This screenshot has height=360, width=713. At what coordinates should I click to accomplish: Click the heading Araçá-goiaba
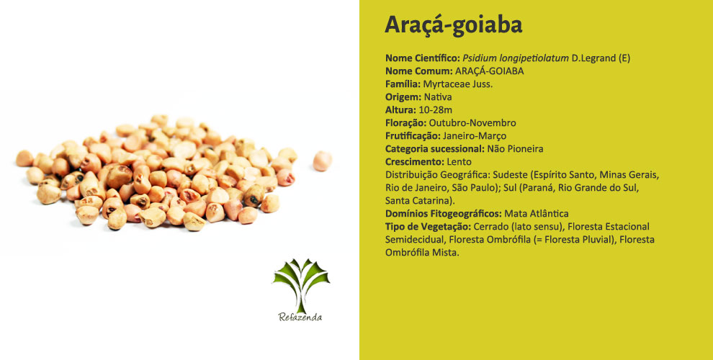453,25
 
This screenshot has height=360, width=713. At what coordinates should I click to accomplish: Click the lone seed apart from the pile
323,161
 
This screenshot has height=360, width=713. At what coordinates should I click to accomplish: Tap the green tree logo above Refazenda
301,285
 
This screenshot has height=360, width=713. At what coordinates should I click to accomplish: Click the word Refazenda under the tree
300,318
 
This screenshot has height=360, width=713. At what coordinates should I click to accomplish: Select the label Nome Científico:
423,58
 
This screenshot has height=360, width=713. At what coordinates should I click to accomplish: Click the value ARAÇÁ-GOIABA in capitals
489,71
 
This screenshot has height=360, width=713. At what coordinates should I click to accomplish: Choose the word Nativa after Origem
438,96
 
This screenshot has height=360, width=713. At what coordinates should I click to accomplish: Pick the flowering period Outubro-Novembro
472,122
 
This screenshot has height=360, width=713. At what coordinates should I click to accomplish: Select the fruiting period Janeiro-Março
475,136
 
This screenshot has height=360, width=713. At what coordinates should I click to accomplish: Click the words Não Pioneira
515,148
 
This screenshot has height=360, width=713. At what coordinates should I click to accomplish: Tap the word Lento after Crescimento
459,162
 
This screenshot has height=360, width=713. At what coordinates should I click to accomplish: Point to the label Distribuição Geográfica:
437,175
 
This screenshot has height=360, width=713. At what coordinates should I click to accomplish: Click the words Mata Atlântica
537,213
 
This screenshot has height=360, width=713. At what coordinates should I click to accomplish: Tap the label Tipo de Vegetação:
429,226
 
